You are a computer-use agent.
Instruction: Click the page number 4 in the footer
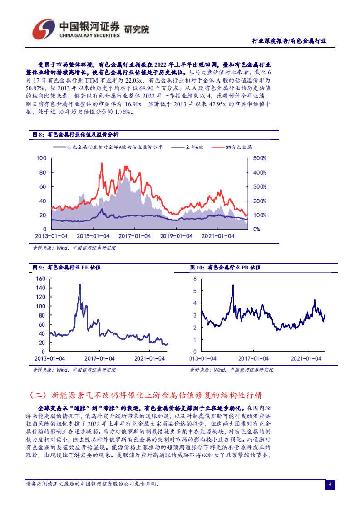(x=330, y=485)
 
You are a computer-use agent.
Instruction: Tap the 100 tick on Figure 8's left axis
(x=42, y=158)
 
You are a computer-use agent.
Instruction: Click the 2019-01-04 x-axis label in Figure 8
(x=178, y=236)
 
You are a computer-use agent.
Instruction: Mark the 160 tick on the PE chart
(x=40, y=278)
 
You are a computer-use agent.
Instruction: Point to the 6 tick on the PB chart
(x=195, y=279)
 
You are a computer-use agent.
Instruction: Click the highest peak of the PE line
(x=80, y=284)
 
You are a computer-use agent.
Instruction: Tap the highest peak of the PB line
(x=233, y=285)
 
